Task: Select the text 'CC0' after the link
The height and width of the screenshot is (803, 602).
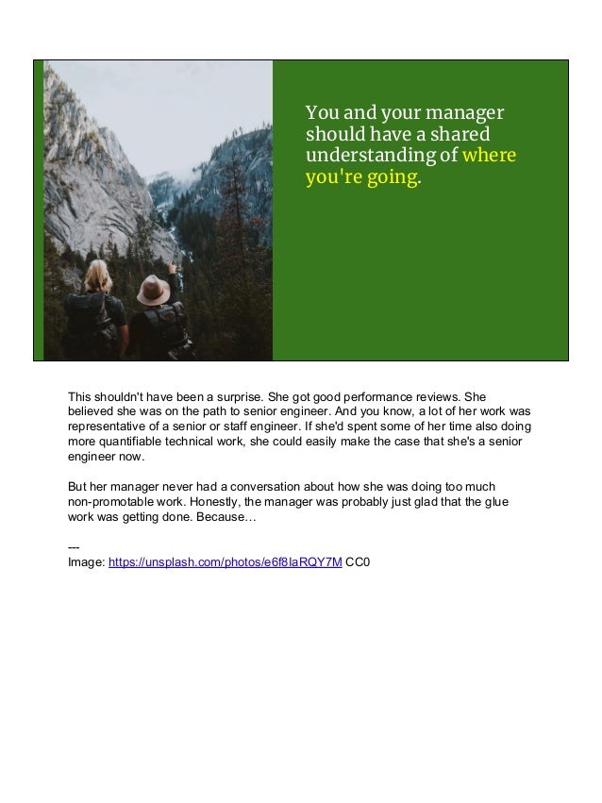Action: [358, 562]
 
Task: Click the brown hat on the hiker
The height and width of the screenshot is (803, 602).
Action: [153, 290]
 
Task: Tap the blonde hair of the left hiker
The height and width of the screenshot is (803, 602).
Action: [98, 277]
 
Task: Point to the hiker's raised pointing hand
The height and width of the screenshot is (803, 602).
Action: [171, 267]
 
